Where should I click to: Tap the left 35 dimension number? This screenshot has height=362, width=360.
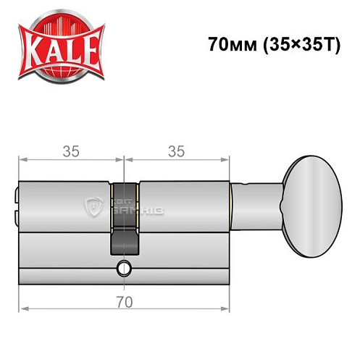click(x=71, y=151)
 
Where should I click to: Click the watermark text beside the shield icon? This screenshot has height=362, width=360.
click(x=123, y=206)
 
